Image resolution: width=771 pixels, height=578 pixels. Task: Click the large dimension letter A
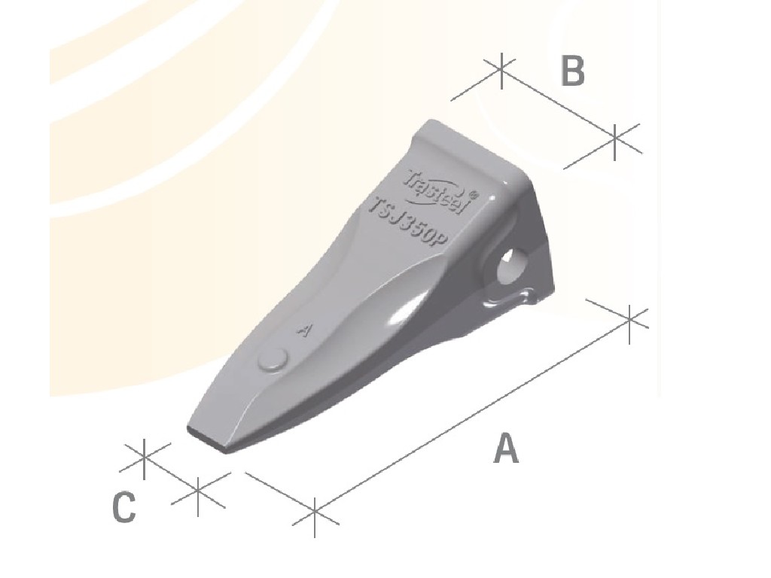(506, 449)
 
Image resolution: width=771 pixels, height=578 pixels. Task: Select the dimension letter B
(572, 71)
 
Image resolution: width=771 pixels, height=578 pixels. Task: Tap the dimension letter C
(124, 507)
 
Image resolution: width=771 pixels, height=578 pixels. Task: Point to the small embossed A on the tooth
(305, 330)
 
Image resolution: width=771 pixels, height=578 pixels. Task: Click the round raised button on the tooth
(273, 360)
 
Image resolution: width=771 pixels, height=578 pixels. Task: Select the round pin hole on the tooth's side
(514, 264)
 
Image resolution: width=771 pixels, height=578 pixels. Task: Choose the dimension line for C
(170, 473)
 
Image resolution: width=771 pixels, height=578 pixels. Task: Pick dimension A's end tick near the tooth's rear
(630, 319)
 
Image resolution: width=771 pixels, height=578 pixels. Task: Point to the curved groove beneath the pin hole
(513, 299)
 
